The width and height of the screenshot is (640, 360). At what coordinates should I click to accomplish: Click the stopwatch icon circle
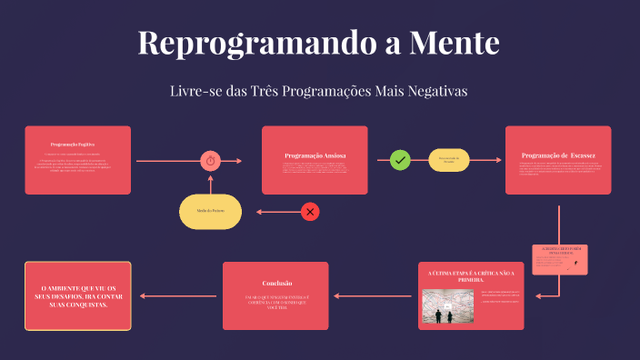(x=210, y=161)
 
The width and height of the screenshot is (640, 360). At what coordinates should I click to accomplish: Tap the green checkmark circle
(x=400, y=160)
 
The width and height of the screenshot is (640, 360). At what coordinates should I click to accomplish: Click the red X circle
(x=310, y=212)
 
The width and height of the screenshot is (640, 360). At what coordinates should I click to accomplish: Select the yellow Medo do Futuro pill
(x=211, y=211)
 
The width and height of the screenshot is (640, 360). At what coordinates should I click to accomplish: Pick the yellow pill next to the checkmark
(x=448, y=160)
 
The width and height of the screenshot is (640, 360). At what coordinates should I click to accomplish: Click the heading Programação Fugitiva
(x=73, y=145)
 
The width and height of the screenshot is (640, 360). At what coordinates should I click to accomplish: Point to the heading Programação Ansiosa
(x=315, y=155)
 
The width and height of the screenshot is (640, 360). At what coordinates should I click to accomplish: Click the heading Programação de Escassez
(x=558, y=155)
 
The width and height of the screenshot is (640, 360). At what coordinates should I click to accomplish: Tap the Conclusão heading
(x=276, y=283)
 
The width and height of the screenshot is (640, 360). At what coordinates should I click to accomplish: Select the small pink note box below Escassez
(x=559, y=259)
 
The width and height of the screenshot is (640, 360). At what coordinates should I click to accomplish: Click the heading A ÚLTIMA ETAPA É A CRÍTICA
(x=471, y=275)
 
